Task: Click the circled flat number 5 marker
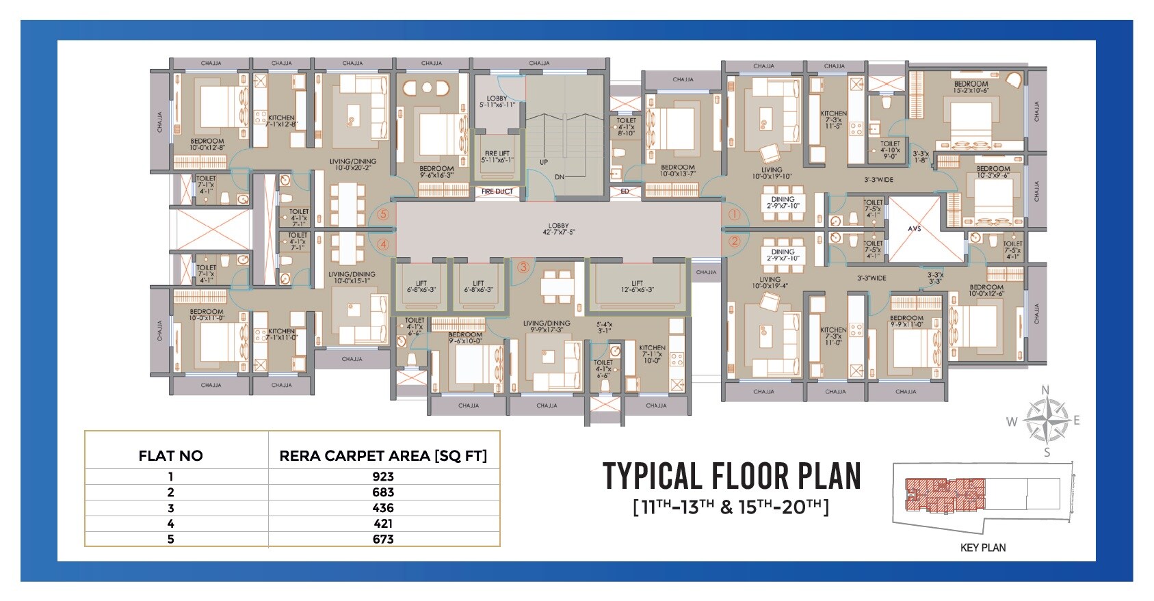(x=383, y=215)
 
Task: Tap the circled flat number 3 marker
(x=523, y=267)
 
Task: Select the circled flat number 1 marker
(x=734, y=215)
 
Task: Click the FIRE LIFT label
(x=497, y=157)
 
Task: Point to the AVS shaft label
(x=915, y=228)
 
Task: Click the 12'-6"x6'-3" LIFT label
(x=637, y=286)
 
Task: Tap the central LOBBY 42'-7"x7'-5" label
(x=558, y=229)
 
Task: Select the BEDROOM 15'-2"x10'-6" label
(x=971, y=87)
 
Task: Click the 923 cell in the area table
(x=383, y=477)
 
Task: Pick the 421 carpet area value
(x=383, y=524)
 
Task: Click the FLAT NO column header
(x=170, y=456)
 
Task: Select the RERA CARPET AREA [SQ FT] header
(x=383, y=456)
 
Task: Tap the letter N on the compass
(x=1045, y=390)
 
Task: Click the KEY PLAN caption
(x=983, y=548)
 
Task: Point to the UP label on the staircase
(x=544, y=163)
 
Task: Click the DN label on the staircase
(x=560, y=177)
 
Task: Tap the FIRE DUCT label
(x=497, y=191)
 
